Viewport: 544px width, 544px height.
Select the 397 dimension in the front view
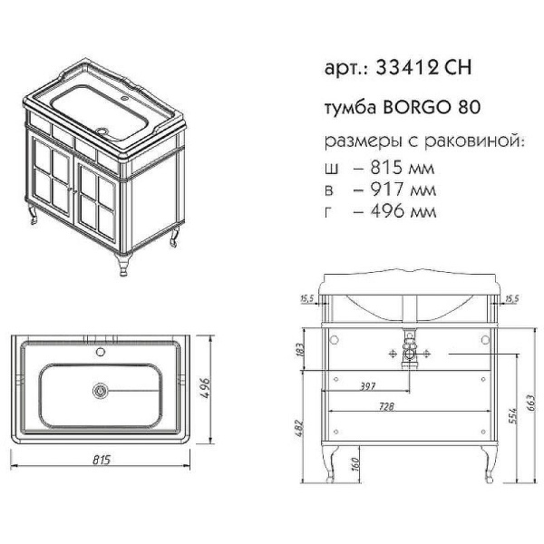point(369,387)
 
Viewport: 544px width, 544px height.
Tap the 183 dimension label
point(301,350)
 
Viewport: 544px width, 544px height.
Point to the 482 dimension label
point(301,427)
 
